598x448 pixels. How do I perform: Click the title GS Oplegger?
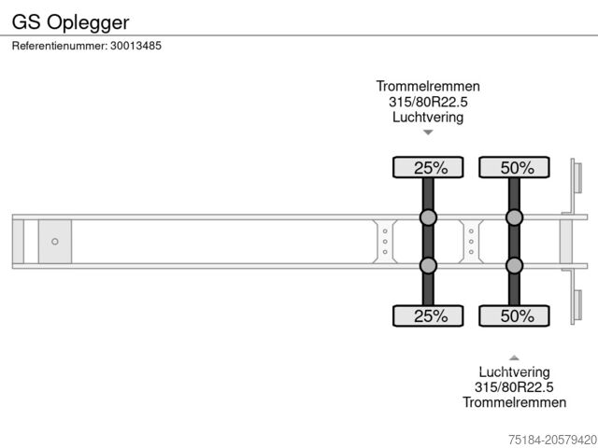coord(70,20)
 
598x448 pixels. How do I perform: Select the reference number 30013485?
coord(135,46)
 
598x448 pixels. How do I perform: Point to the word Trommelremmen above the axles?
coord(428,87)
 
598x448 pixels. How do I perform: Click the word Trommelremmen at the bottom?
coord(514,402)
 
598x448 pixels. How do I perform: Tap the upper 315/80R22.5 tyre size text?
coord(428,103)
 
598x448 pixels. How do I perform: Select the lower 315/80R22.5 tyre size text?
coord(514,387)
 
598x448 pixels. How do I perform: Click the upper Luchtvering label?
coord(428,118)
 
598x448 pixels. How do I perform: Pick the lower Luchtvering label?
coord(514,372)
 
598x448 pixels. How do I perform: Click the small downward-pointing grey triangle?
coord(428,133)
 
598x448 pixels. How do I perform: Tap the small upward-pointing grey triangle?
coord(514,357)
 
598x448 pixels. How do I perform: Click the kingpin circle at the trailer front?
coord(54,242)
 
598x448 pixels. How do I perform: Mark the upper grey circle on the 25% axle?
coord(428,217)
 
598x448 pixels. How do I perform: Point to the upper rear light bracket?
coord(577,179)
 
